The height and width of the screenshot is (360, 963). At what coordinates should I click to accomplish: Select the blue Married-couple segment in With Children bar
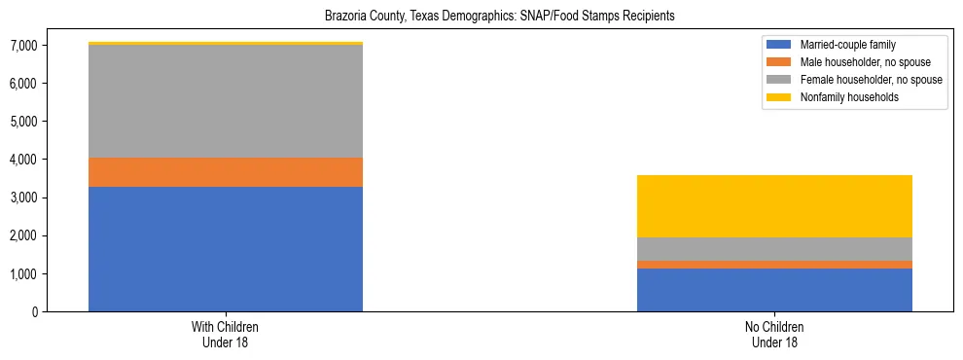click(x=226, y=249)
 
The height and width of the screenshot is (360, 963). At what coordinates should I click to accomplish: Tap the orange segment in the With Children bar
click(x=226, y=172)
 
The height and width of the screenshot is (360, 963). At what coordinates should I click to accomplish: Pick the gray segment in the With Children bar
click(x=226, y=101)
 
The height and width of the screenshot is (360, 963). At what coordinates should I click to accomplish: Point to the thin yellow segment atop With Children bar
click(x=226, y=44)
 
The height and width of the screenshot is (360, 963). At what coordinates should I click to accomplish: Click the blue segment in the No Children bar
click(x=774, y=290)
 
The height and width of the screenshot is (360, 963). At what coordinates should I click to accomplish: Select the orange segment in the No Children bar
click(x=774, y=265)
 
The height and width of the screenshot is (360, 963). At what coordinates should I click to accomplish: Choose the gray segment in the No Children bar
click(x=774, y=249)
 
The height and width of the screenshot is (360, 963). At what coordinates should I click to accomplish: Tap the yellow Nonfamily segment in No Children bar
click(x=774, y=206)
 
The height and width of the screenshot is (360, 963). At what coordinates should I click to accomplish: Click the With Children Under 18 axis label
click(x=226, y=335)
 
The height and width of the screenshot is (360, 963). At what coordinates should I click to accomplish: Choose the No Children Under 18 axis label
click(x=774, y=335)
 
